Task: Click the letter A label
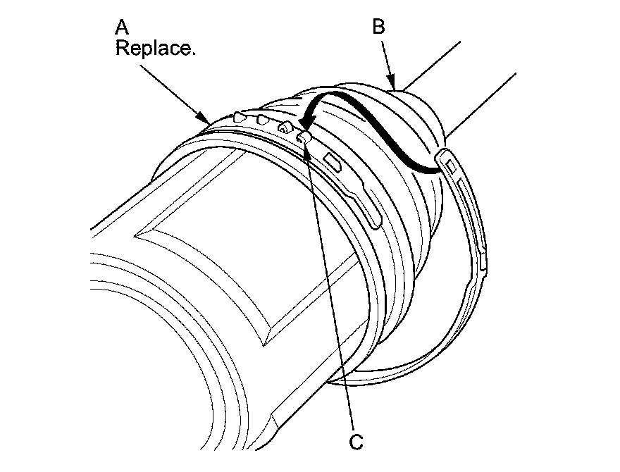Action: pyautogui.click(x=122, y=28)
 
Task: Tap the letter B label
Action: pyautogui.click(x=378, y=27)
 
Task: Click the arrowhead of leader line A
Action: pyautogui.click(x=206, y=121)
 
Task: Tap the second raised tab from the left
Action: pyautogui.click(x=261, y=120)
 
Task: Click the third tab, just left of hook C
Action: pyautogui.click(x=285, y=128)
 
